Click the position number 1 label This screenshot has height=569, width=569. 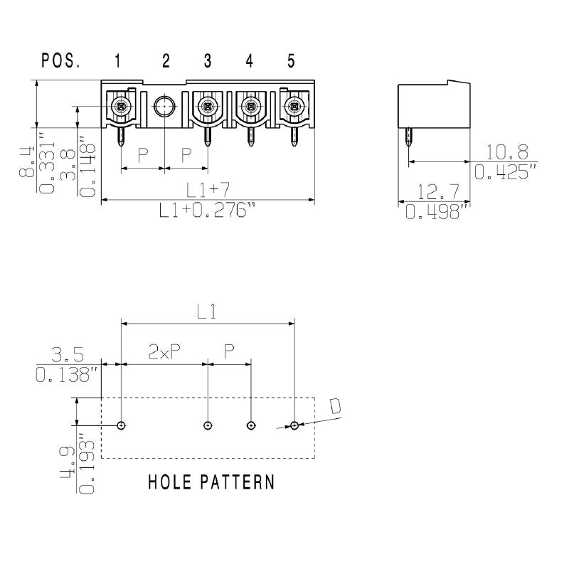[x=118, y=61]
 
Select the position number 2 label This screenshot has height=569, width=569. [x=166, y=61]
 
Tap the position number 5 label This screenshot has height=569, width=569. [x=292, y=61]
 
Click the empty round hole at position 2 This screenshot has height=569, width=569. [x=164, y=107]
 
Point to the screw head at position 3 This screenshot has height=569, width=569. [x=207, y=107]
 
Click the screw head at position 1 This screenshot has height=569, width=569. [x=121, y=107]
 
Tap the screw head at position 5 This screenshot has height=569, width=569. [x=292, y=107]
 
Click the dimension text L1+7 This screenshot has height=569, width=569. [x=208, y=190]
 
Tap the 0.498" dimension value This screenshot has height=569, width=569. [x=437, y=211]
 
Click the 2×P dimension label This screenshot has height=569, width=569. [x=164, y=351]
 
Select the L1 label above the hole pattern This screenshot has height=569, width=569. [x=208, y=312]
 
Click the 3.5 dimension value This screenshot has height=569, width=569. [x=68, y=353]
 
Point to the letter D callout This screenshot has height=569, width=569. [x=335, y=406]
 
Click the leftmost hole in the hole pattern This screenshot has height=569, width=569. [x=122, y=425]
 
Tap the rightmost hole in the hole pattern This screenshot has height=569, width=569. [x=294, y=425]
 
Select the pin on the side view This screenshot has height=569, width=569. [x=409, y=139]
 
